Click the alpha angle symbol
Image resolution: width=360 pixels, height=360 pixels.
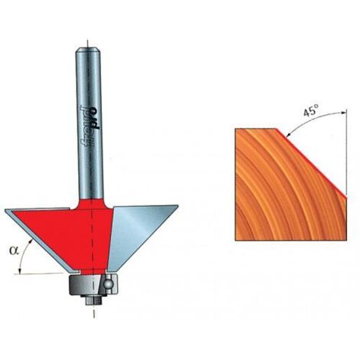pyautogui.click(x=14, y=250)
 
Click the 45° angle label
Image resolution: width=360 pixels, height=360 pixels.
pyautogui.click(x=311, y=111)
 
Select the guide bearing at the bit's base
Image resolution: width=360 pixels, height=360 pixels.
pyautogui.click(x=93, y=284)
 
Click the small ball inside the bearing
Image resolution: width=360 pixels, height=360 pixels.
pyautogui.click(x=109, y=283)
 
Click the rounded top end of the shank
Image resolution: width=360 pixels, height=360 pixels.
pyautogui.click(x=87, y=50)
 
